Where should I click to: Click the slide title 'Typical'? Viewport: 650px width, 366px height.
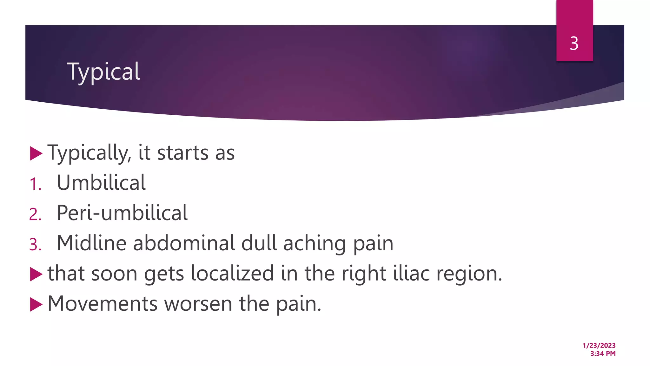103,72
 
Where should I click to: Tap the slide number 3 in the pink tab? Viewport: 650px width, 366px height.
574,44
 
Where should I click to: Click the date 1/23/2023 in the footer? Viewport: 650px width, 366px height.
599,346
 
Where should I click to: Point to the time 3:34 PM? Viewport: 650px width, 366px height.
603,354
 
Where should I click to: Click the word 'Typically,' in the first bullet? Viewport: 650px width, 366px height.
89,153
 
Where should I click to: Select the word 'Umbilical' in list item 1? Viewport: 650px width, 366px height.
101,183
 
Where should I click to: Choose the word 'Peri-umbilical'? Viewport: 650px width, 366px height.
122,213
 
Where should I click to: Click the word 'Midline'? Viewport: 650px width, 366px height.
91,243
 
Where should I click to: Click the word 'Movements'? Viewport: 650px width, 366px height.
102,304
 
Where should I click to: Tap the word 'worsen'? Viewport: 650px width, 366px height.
198,304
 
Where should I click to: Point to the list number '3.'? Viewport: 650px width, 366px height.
36,245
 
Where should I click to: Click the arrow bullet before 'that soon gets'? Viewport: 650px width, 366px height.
36,274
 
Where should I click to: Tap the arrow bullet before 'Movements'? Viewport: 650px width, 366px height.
36,304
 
